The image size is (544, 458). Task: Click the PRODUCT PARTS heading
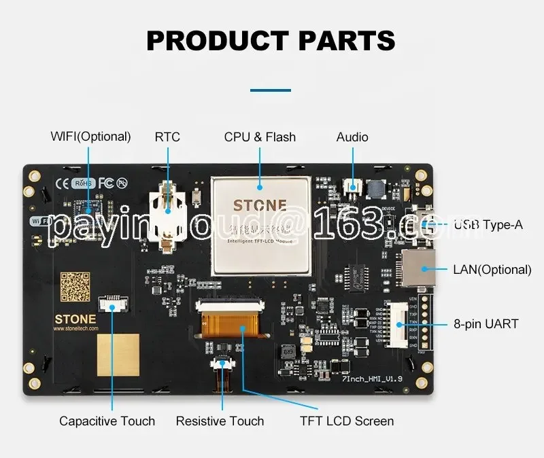click(x=271, y=40)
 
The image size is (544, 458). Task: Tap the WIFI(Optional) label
click(x=90, y=137)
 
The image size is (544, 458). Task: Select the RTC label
click(x=167, y=137)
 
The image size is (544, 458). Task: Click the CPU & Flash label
click(x=260, y=137)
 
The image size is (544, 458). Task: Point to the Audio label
click(x=352, y=137)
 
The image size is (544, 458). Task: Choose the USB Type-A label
click(x=488, y=224)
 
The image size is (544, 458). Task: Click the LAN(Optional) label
click(x=492, y=269)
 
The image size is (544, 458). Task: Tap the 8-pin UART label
click(x=486, y=324)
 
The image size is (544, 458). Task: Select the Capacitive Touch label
click(x=107, y=421)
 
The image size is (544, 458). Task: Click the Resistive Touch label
click(x=220, y=421)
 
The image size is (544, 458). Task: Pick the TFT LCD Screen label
click(x=347, y=421)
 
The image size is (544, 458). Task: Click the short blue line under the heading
click(x=271, y=90)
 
